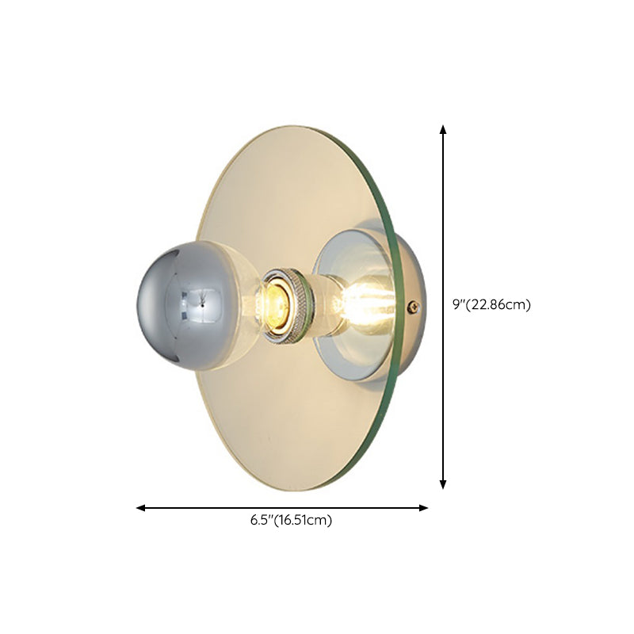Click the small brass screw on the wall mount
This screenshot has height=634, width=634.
pyautogui.click(x=412, y=305)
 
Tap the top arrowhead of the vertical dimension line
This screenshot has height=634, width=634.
pyautogui.click(x=443, y=128)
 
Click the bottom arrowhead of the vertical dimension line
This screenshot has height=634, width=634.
pyautogui.click(x=443, y=484)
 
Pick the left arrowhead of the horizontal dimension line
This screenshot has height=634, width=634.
pyautogui.click(x=140, y=507)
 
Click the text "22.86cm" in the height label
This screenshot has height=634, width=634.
pyautogui.click(x=502, y=304)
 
